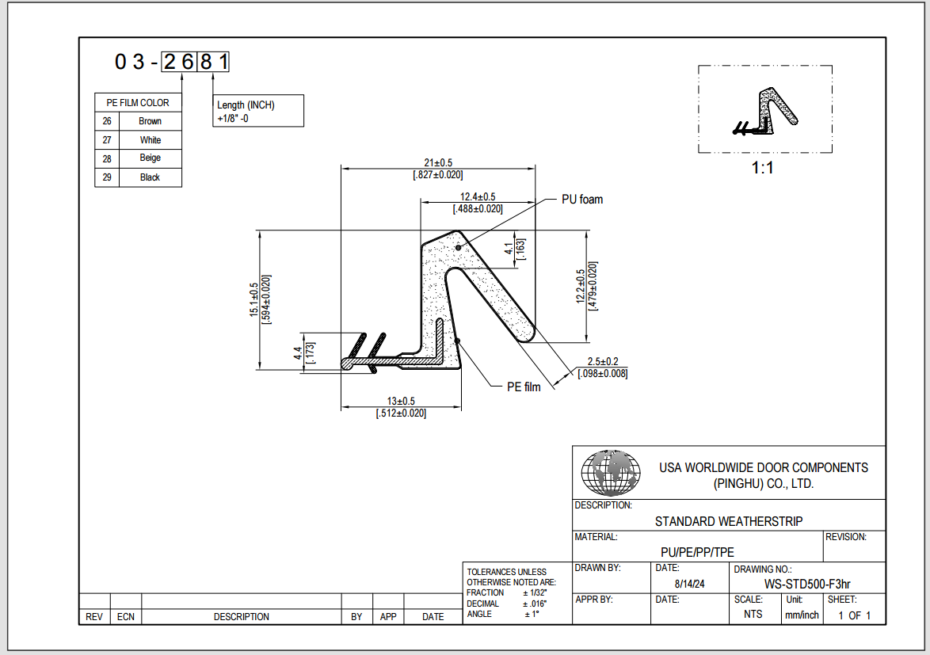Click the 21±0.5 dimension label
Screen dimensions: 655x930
pyautogui.click(x=437, y=162)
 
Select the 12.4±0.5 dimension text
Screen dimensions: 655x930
pyautogui.click(x=478, y=196)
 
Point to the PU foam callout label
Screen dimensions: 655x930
pyautogui.click(x=581, y=200)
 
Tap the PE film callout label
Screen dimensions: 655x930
pyautogui.click(x=524, y=387)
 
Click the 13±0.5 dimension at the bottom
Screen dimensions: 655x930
pyautogui.click(x=401, y=401)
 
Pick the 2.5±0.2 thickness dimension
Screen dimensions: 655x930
pyautogui.click(x=602, y=361)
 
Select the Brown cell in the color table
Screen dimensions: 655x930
pyautogui.click(x=150, y=121)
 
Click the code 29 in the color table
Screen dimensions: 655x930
pyautogui.click(x=107, y=177)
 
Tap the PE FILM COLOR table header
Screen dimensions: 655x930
pyautogui.click(x=138, y=103)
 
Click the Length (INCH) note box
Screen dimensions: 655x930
pyautogui.click(x=259, y=112)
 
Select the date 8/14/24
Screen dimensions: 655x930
pyautogui.click(x=688, y=584)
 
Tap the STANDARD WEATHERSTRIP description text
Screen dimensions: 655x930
pyautogui.click(x=728, y=521)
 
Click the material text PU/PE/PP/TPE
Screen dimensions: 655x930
pyautogui.click(x=697, y=552)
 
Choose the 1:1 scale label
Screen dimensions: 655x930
pyautogui.click(x=762, y=168)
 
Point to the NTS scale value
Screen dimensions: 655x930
pyautogui.click(x=753, y=615)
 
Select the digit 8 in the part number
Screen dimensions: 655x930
pyautogui.click(x=206, y=62)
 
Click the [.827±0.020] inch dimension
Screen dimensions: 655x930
pyautogui.click(x=437, y=174)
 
